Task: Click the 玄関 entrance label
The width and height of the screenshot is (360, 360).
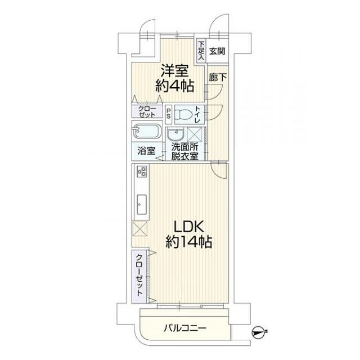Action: tap(217, 51)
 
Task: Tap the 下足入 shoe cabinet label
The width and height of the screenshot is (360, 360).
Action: tap(201, 51)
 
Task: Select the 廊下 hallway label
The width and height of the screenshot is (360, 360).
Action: tap(218, 78)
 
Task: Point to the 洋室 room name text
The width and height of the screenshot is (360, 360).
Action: tap(174, 71)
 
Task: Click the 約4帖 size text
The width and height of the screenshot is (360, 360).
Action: tap(175, 86)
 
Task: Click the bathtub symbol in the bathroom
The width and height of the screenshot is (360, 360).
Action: tap(147, 132)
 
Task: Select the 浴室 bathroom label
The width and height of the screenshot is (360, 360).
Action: tap(146, 151)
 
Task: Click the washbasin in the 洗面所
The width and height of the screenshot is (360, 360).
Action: tap(175, 134)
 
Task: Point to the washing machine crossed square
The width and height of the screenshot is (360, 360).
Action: tap(194, 134)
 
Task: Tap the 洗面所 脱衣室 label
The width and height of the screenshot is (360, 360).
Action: tap(185, 152)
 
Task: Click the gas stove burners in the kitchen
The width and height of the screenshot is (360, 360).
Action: tap(141, 172)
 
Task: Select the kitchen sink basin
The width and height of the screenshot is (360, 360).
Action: tap(142, 204)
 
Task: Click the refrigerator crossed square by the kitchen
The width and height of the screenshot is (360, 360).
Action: tap(140, 228)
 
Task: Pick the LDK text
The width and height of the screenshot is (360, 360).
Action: tap(189, 227)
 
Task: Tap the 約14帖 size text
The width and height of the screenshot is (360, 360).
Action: tap(189, 242)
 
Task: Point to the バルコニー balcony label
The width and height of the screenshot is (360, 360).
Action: tap(185, 328)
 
